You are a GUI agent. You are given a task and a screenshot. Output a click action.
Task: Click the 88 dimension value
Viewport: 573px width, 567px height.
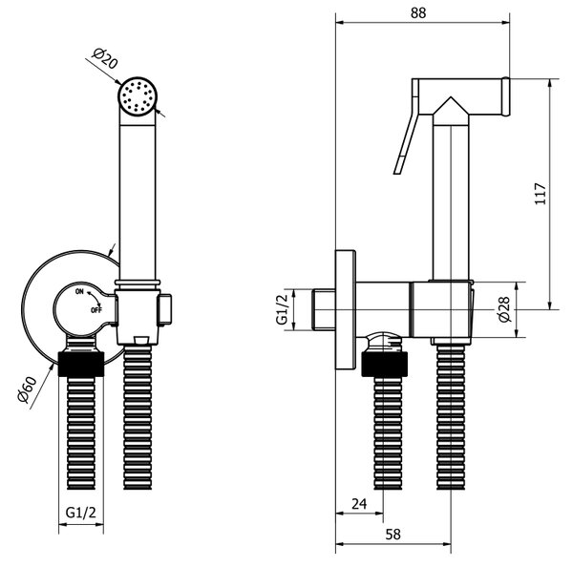point(418,12)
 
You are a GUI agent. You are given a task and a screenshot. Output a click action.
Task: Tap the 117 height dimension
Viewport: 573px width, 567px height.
point(541,194)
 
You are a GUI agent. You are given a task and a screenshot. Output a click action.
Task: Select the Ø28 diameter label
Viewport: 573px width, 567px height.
point(503,309)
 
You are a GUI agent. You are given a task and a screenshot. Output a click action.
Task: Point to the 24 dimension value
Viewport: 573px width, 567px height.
point(359,504)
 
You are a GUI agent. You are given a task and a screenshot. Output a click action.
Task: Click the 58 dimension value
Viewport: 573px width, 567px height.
point(393,535)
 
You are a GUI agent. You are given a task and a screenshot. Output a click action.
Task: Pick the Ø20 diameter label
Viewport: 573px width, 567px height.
point(105,58)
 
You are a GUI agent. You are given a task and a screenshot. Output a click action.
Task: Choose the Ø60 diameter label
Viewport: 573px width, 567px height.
point(28,389)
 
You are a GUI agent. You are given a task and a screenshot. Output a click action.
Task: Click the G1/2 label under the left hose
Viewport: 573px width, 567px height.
point(81,513)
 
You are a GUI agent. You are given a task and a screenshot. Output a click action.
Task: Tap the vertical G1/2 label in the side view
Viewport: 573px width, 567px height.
point(282,309)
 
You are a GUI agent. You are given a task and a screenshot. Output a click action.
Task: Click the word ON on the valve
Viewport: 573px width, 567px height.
point(79,291)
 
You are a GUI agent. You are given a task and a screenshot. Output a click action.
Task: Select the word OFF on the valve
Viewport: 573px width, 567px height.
point(96,310)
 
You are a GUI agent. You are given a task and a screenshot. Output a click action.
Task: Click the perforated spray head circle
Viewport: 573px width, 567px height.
point(138,95)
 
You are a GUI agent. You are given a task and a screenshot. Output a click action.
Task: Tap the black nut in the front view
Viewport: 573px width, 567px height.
point(81,365)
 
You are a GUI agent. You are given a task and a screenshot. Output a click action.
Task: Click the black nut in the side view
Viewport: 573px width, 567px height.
point(385,365)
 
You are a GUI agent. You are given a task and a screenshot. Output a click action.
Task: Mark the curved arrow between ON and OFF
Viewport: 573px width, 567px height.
point(95,299)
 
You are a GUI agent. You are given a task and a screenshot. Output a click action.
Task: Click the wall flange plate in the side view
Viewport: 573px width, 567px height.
point(346,310)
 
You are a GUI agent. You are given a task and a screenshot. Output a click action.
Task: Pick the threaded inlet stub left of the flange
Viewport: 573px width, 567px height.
point(324,310)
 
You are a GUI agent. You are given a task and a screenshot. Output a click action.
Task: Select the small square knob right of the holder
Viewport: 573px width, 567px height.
point(165,309)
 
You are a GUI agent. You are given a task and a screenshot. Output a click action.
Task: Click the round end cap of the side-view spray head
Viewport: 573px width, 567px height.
point(506,96)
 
